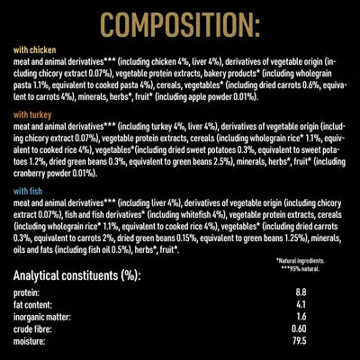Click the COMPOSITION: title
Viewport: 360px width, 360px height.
pyautogui.click(x=180, y=22)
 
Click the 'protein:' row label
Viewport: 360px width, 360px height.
pyautogui.click(x=28, y=293)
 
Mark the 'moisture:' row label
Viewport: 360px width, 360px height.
pyautogui.click(x=31, y=345)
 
